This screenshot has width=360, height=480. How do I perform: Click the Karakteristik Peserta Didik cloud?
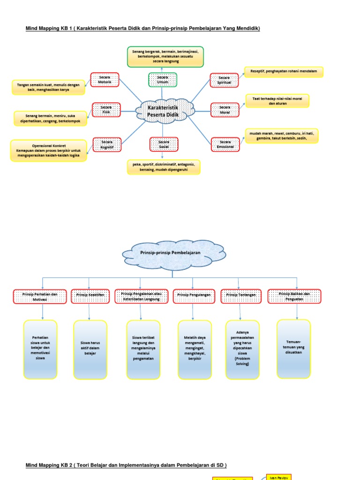(x=164, y=111)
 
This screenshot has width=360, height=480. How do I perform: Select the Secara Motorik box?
(x=105, y=80)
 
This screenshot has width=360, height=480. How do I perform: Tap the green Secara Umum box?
(x=163, y=80)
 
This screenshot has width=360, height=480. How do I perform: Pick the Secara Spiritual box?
(x=225, y=80)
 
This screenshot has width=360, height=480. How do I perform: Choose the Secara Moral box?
(x=225, y=110)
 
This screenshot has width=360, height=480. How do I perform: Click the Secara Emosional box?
(x=225, y=144)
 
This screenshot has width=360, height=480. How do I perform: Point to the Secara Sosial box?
(x=164, y=144)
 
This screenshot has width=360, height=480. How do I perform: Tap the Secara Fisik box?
(x=106, y=110)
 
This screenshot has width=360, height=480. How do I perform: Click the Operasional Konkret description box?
(x=49, y=150)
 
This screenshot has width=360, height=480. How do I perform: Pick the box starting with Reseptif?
(x=284, y=72)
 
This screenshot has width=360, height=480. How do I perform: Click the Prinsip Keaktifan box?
(x=90, y=296)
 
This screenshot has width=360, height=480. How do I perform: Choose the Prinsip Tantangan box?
(x=240, y=296)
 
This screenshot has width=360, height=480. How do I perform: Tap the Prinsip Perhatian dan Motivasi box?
(x=40, y=296)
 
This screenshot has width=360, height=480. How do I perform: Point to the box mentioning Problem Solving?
(x=242, y=349)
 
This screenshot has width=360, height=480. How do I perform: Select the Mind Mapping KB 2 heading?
(x=126, y=465)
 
